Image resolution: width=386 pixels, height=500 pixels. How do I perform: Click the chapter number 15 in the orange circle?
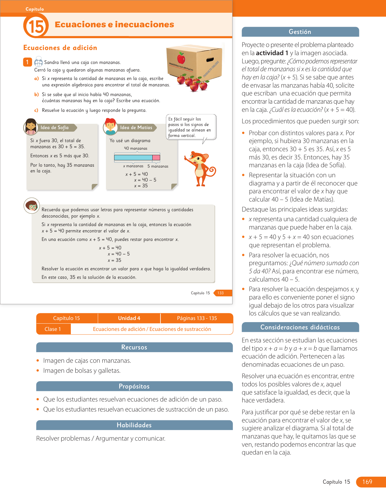click(x=36, y=26)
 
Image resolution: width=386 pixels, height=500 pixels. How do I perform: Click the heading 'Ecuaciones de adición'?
click(x=60, y=48)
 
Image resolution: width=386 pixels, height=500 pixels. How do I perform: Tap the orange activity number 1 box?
click(x=27, y=62)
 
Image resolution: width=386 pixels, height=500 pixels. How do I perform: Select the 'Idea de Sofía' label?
click(x=55, y=128)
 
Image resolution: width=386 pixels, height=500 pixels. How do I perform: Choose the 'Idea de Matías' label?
click(x=136, y=128)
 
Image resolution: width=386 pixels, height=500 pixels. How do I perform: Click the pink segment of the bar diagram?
click(x=156, y=157)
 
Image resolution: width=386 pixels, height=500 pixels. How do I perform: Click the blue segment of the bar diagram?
click(x=133, y=157)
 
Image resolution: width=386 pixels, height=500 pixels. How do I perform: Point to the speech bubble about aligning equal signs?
click(x=191, y=127)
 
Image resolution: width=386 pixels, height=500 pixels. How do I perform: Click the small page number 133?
click(x=221, y=293)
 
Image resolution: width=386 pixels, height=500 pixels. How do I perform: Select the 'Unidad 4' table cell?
click(x=129, y=318)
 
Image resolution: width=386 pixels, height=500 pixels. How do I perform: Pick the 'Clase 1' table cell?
click(x=53, y=329)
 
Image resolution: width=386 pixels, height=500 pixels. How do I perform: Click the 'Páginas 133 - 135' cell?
click(x=197, y=318)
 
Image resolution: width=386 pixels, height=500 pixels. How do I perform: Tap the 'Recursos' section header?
click(x=134, y=347)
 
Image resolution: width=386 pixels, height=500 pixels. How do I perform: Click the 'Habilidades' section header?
click(x=134, y=425)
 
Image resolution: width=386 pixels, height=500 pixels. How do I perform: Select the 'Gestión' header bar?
click(x=300, y=32)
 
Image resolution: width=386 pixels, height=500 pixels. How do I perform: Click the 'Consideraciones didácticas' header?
click(x=300, y=327)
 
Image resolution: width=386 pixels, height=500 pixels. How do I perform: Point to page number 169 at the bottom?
click(x=367, y=482)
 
